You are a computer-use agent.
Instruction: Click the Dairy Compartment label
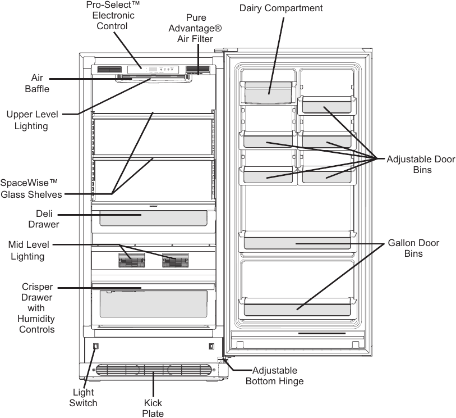pos(281,8)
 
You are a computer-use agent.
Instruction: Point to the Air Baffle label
pos(37,83)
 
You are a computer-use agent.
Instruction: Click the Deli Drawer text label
pos(44,219)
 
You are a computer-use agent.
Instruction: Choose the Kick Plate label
pos(153,408)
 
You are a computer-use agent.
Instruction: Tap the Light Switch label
pos(83,397)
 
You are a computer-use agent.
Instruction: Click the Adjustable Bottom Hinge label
pos(275,376)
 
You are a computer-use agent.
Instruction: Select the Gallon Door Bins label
pos(413,248)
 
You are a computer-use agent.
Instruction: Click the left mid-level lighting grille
pos(132,260)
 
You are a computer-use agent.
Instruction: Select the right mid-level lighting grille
pos(176,260)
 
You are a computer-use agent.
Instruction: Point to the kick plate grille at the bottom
pos(153,370)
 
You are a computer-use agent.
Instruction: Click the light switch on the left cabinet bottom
pos(95,346)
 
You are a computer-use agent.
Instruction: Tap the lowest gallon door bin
pos(297,307)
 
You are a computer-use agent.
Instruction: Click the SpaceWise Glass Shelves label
pos(31,188)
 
